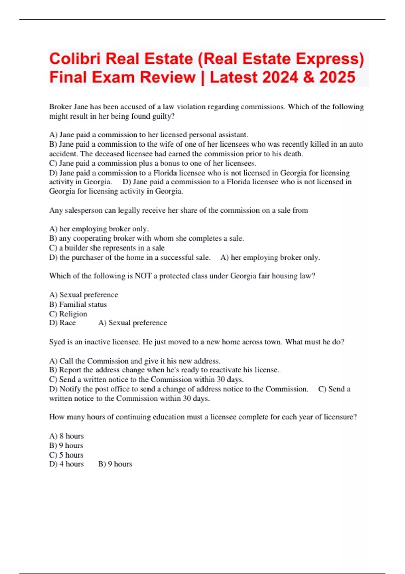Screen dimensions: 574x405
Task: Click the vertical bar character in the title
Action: coord(202,77)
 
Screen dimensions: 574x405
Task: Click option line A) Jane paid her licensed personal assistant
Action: coord(148,135)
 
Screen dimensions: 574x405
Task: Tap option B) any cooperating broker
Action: coord(146,238)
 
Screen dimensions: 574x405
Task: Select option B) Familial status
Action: coord(78,305)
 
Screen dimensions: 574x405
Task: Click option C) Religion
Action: coord(68,314)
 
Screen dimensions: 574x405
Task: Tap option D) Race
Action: coord(62,323)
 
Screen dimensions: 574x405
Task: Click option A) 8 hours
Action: coord(66,436)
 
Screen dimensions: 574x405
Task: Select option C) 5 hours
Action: coord(66,455)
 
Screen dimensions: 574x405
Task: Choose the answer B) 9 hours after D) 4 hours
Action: coord(115,464)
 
